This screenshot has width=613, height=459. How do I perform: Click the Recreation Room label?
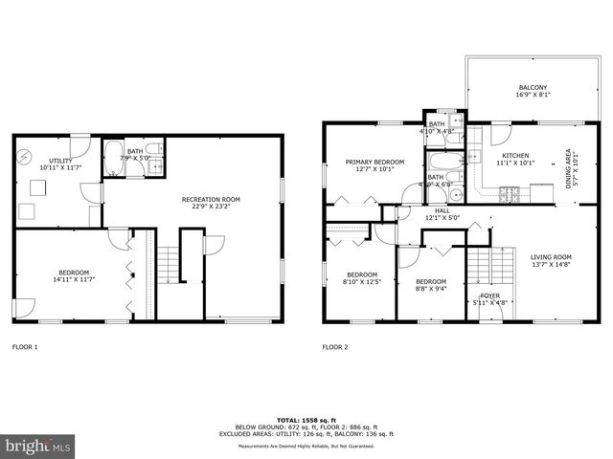211,203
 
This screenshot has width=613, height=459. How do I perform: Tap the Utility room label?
55,164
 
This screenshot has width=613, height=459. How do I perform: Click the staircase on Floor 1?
168,263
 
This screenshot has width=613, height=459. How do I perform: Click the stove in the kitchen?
510,194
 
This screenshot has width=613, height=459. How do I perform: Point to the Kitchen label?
516,159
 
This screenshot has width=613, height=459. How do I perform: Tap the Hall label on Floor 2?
442,214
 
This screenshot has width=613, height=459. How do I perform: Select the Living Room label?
551,260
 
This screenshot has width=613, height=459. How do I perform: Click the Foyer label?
489,298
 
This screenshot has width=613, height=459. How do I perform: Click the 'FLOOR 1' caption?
25,347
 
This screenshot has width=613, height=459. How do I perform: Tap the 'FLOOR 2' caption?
335,347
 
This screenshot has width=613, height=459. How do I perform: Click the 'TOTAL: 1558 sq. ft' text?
307,420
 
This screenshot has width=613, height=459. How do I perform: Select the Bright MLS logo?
38,446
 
